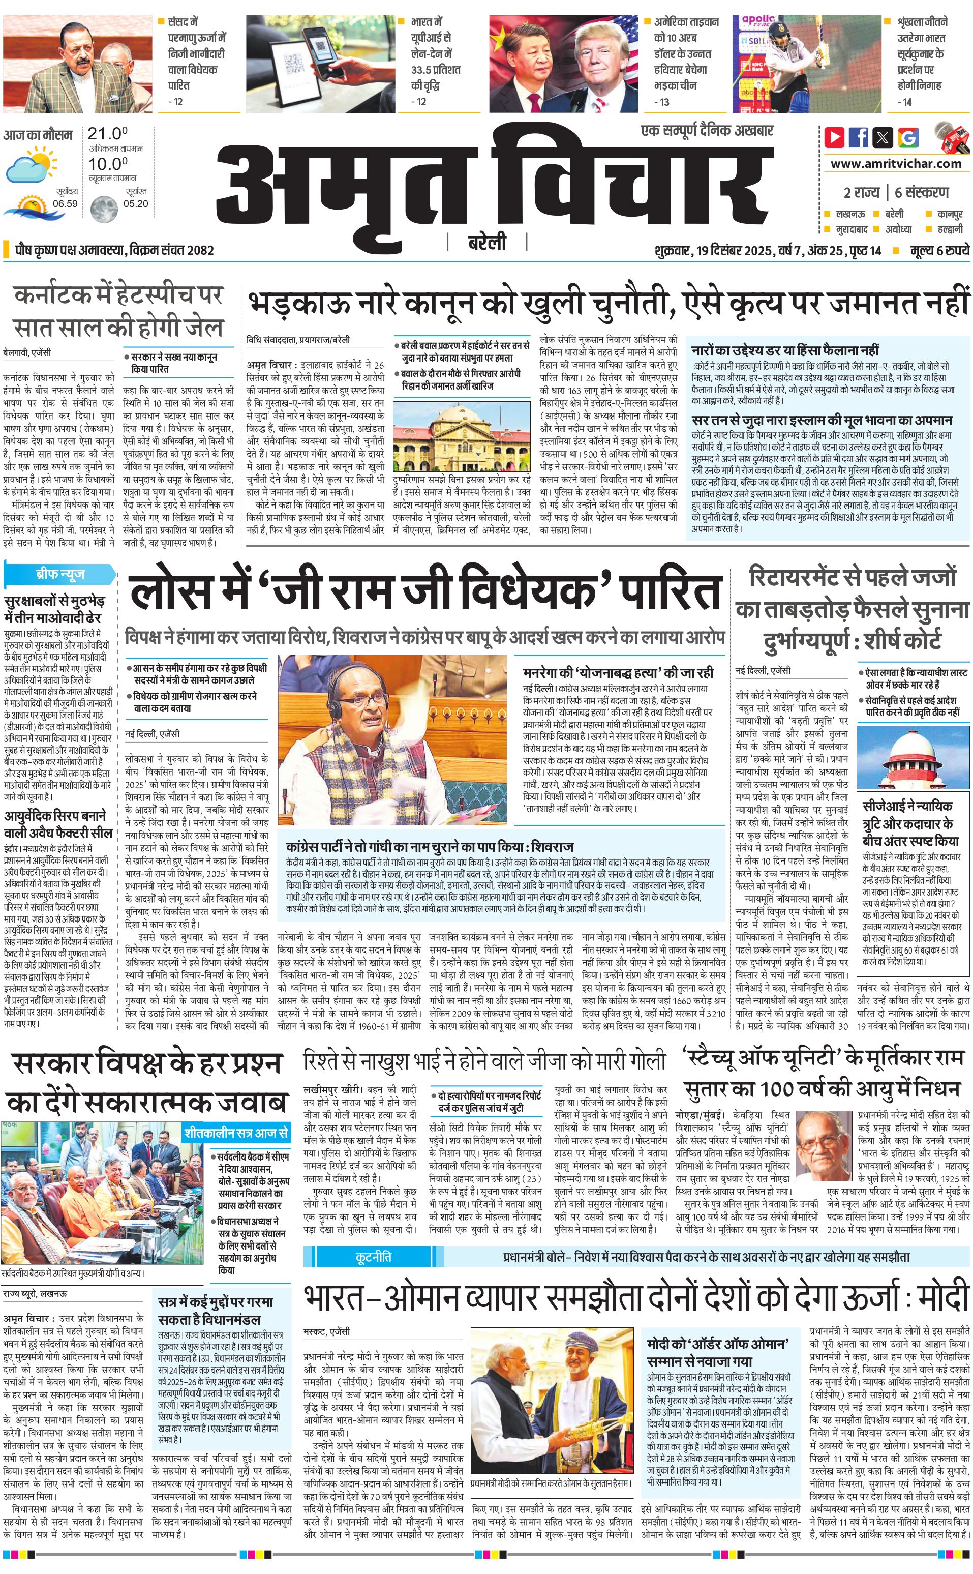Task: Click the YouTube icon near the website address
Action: pyautogui.click(x=835, y=137)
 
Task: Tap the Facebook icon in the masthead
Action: pyautogui.click(x=859, y=137)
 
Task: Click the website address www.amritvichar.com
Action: pyautogui.click(x=896, y=164)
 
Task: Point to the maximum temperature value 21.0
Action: pyautogui.click(x=107, y=134)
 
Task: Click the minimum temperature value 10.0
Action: pyautogui.click(x=107, y=164)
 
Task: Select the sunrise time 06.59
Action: pyautogui.click(x=66, y=203)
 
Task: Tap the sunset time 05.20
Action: pyautogui.click(x=136, y=203)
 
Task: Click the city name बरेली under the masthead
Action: pyautogui.click(x=486, y=242)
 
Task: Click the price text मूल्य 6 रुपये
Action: pyautogui.click(x=939, y=250)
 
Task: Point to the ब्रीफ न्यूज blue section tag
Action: pyautogui.click(x=60, y=574)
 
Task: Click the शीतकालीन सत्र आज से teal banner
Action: pyautogui.click(x=235, y=1133)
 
